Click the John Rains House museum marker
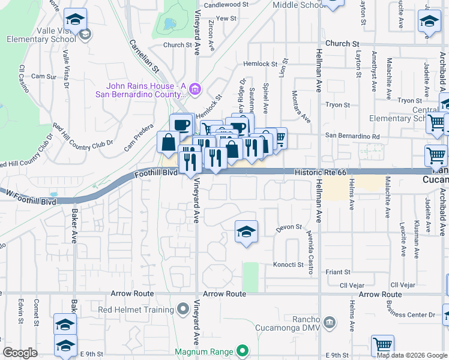pyautogui.click(x=194, y=90)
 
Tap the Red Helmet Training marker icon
pyautogui.click(x=184, y=310)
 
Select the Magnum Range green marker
pyautogui.click(x=242, y=351)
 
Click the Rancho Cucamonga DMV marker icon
pyautogui.click(x=328, y=323)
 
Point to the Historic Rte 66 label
pyautogui.click(x=321, y=172)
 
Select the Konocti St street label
pyautogui.click(x=289, y=265)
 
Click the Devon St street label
pyautogui.click(x=288, y=229)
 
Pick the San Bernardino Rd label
pyautogui.click(x=353, y=136)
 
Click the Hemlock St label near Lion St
pyautogui.click(x=261, y=64)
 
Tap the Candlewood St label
pyautogui.click(x=226, y=4)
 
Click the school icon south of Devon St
pyautogui.click(x=246, y=232)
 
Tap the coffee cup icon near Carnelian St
pyautogui.click(x=181, y=124)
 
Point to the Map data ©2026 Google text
pyautogui.click(x=412, y=355)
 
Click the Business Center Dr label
pyautogui.click(x=411, y=314)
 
